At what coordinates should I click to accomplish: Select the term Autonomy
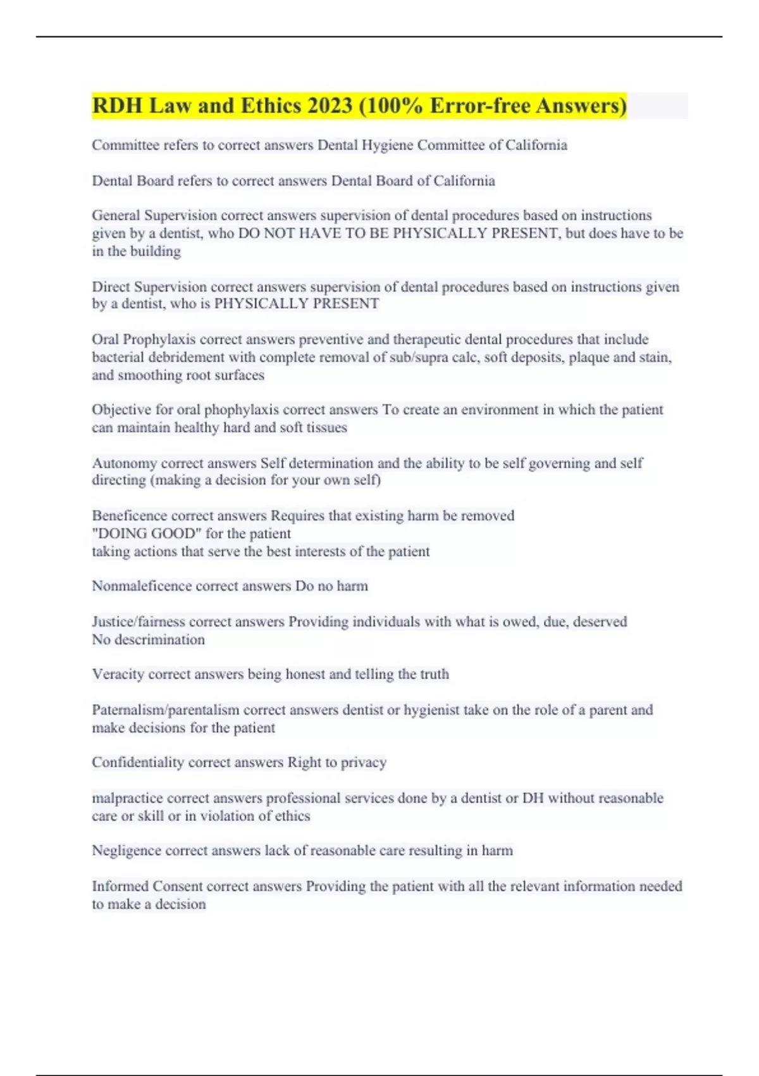[124, 463]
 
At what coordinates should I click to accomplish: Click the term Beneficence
[129, 516]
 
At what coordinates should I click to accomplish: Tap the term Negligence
[126, 851]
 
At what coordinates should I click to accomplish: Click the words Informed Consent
[147, 886]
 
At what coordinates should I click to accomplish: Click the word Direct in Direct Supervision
[111, 287]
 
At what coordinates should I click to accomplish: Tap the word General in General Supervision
[116, 216]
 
